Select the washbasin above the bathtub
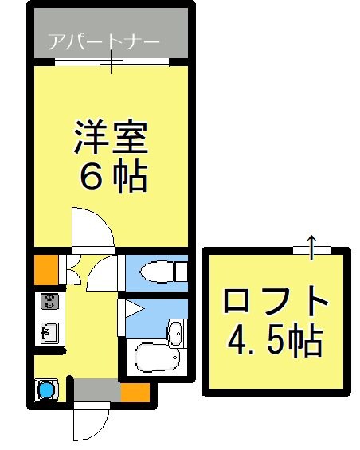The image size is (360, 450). [176, 330]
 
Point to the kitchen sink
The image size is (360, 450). [48, 331]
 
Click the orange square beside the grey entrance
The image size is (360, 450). [135, 391]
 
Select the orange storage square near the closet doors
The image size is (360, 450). [45, 269]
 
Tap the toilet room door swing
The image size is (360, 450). [102, 275]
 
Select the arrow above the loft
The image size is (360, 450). [311, 244]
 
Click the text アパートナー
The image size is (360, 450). [103, 41]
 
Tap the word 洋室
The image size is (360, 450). [111, 138]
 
